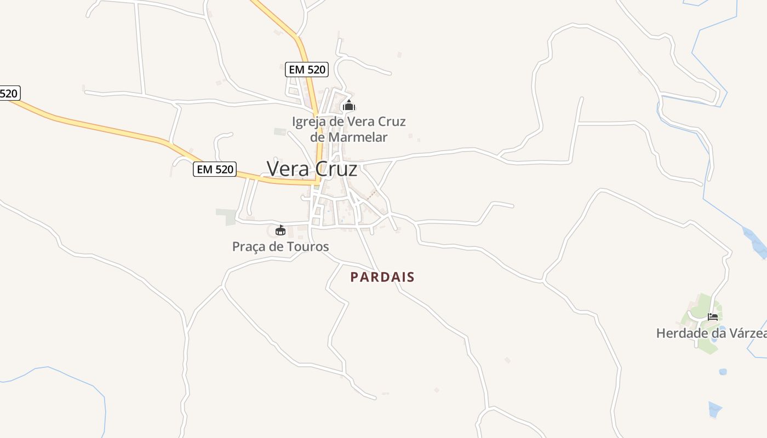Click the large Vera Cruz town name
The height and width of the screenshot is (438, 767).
tap(312, 169)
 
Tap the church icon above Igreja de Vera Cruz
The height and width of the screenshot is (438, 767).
tap(348, 106)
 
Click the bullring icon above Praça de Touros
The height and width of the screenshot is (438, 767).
tap(281, 230)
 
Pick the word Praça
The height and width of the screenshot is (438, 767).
tap(249, 246)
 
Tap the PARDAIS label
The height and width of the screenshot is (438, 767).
tap(382, 277)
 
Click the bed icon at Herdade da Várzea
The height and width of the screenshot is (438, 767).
tap(712, 316)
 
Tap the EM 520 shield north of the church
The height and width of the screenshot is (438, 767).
tap(307, 70)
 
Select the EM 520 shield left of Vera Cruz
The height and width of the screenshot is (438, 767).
tap(215, 170)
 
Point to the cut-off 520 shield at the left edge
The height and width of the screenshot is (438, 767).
tap(9, 93)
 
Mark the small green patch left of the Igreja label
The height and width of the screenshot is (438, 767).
tap(280, 131)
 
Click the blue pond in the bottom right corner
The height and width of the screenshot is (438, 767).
tap(714, 409)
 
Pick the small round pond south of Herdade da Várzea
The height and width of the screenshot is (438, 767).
tap(723, 372)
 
